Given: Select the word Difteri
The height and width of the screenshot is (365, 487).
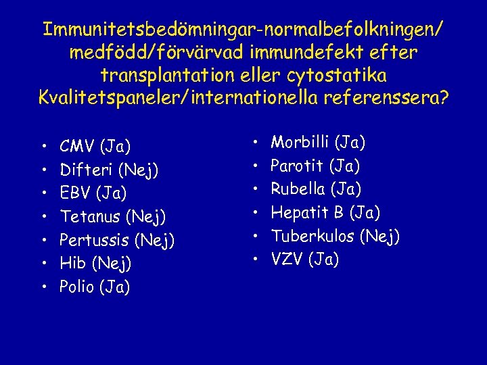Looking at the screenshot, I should (x=84, y=170).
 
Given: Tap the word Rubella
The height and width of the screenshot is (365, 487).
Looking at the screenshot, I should (x=298, y=189).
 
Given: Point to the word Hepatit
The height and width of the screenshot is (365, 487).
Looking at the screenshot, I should (x=298, y=213).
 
